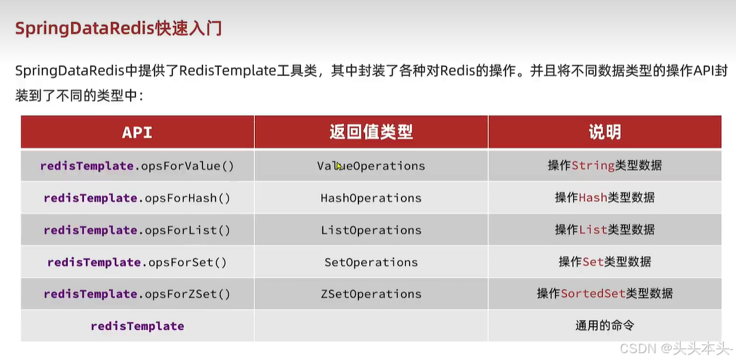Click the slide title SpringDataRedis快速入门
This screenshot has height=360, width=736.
pyautogui.click(x=118, y=29)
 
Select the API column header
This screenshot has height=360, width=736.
pyautogui.click(x=137, y=132)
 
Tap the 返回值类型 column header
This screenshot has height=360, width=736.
pyautogui.click(x=371, y=132)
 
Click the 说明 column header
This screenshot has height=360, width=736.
pyautogui.click(x=605, y=132)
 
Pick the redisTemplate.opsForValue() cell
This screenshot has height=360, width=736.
pyautogui.click(x=137, y=166)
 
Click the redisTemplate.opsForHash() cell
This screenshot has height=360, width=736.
pyautogui.click(x=137, y=198)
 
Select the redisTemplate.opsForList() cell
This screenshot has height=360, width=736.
pyautogui.click(x=137, y=230)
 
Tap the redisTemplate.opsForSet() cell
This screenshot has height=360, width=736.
pyautogui.click(x=137, y=262)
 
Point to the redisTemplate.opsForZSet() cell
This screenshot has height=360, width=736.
pyautogui.click(x=137, y=294)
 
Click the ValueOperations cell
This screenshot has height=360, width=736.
pyautogui.click(x=371, y=166)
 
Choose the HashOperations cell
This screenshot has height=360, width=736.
pyautogui.click(x=371, y=198)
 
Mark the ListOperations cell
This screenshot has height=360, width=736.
pyautogui.click(x=371, y=230)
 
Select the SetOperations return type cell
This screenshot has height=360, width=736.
pyautogui.click(x=371, y=262)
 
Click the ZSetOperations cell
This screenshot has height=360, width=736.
pyautogui.click(x=371, y=294)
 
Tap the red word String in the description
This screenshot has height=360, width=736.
pyautogui.click(x=593, y=166)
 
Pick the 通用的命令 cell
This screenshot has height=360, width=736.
pyautogui.click(x=605, y=326)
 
